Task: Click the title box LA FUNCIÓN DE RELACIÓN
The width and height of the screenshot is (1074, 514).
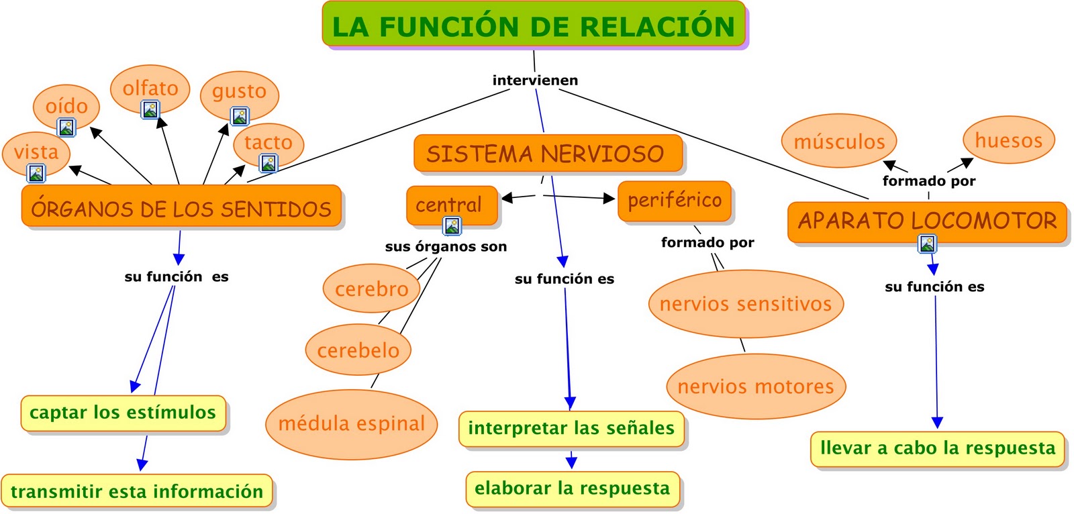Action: point(534,25)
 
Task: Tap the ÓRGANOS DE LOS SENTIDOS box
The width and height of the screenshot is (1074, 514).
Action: point(181,207)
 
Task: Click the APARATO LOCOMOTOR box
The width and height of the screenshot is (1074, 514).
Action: point(927,221)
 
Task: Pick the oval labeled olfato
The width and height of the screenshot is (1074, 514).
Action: point(150,87)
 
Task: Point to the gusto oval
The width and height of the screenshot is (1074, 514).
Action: point(239,91)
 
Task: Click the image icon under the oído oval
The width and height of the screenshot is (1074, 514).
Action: point(66,127)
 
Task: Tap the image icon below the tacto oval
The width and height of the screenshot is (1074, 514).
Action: point(268,162)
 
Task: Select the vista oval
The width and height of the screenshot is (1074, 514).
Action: point(36,152)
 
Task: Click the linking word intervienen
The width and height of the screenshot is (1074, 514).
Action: point(535,81)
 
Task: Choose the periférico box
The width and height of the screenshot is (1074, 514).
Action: point(674,200)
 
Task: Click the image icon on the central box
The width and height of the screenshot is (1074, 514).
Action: point(453,226)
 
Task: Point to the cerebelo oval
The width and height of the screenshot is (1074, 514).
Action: point(358,350)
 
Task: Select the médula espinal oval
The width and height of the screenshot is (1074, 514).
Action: point(352,423)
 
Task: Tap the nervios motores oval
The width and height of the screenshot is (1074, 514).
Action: point(756,387)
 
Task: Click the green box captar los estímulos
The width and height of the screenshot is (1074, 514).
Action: point(123,413)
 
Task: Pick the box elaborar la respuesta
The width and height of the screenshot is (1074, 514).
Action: point(573,489)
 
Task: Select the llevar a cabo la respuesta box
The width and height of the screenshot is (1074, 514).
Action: point(937,448)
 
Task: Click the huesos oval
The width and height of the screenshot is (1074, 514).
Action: point(1008,140)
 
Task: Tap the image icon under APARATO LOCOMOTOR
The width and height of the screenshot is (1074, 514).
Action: point(927,244)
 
